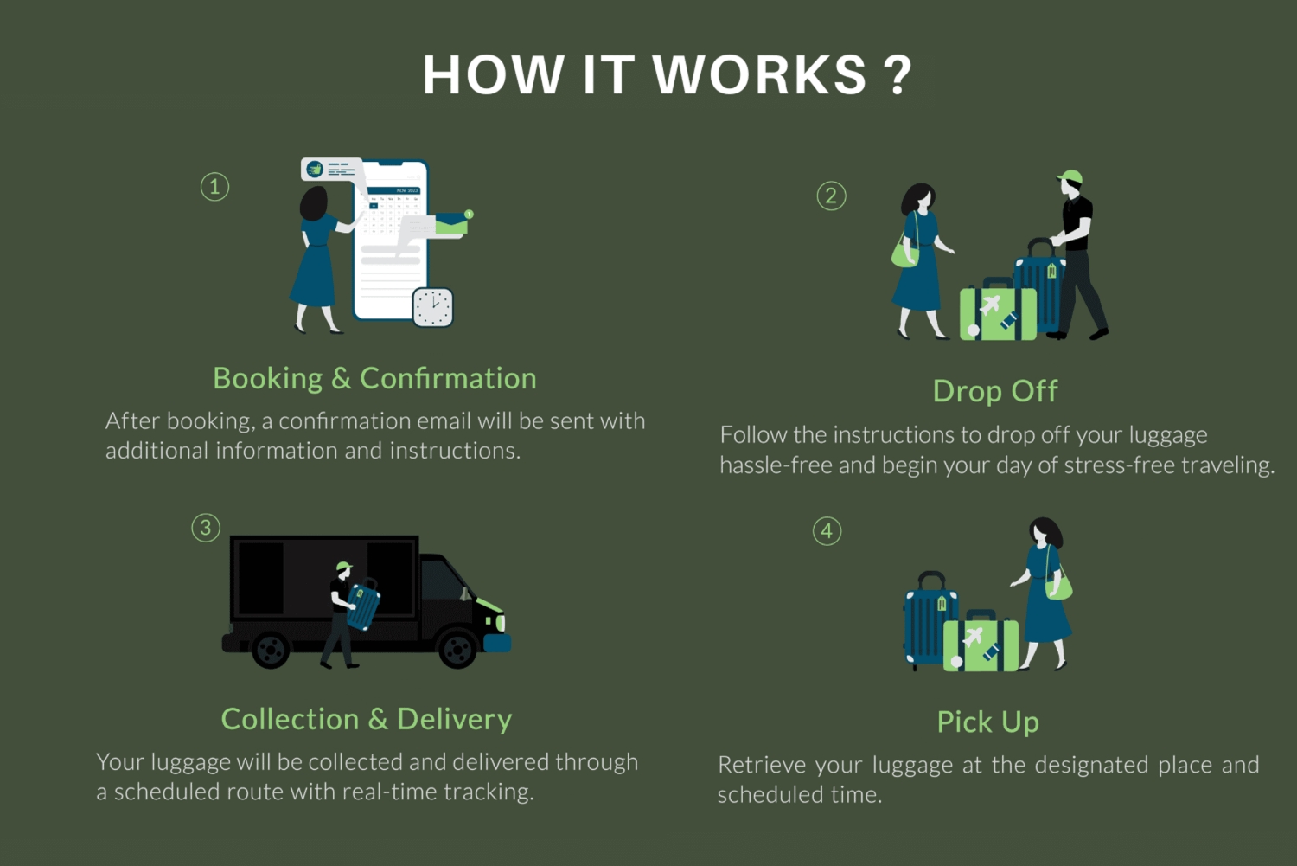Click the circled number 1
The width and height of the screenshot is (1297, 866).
pyautogui.click(x=214, y=187)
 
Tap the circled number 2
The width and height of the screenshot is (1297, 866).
pyautogui.click(x=831, y=196)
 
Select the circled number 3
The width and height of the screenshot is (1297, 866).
pyautogui.click(x=206, y=528)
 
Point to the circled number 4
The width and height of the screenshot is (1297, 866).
pyautogui.click(x=827, y=531)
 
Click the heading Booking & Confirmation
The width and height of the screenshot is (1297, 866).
pyautogui.click(x=374, y=379)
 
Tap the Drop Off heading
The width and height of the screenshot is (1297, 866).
pyautogui.click(x=994, y=391)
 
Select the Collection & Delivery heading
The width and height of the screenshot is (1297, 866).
pyautogui.click(x=367, y=719)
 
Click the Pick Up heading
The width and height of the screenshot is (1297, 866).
pyautogui.click(x=987, y=722)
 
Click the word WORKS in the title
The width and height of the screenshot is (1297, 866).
pyautogui.click(x=759, y=75)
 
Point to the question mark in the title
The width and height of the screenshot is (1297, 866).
pyautogui.click(x=898, y=75)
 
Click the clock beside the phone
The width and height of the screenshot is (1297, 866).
pyautogui.click(x=432, y=306)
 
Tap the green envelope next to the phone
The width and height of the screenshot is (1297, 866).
pyautogui.click(x=451, y=225)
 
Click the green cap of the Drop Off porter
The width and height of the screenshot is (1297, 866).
pyautogui.click(x=1071, y=177)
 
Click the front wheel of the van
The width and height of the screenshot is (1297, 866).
pyautogui.click(x=457, y=648)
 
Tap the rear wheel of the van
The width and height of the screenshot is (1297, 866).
pyautogui.click(x=271, y=649)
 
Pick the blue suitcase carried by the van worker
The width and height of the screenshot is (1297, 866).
pyautogui.click(x=363, y=606)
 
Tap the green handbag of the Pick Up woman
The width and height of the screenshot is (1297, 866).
pyautogui.click(x=1058, y=587)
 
